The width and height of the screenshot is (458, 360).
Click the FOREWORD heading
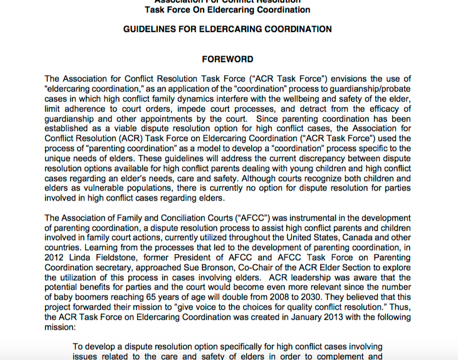pos(227,60)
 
